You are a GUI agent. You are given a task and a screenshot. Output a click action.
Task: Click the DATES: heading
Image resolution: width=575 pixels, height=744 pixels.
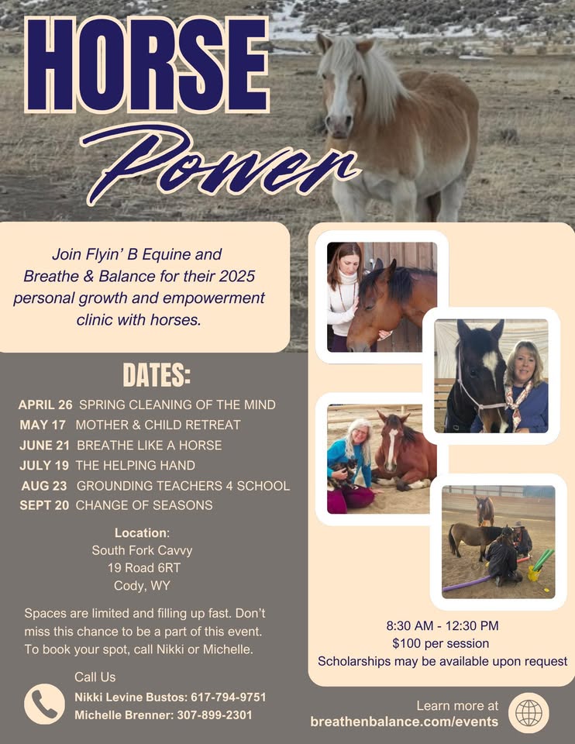156,376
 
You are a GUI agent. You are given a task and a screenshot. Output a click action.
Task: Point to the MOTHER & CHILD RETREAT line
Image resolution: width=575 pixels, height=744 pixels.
157,425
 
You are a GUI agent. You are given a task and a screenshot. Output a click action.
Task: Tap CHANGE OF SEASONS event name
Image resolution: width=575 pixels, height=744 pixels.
143,505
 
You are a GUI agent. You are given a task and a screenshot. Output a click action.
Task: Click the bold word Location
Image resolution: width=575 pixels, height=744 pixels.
140,533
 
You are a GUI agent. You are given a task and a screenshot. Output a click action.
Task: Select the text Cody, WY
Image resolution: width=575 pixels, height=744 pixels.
142,585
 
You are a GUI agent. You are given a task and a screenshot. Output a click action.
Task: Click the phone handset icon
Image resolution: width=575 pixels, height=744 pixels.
44,704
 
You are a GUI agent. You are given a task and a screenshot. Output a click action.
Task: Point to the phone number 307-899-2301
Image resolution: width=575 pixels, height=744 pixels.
215,715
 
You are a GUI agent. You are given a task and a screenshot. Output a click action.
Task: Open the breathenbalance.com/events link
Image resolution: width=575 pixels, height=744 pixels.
404,722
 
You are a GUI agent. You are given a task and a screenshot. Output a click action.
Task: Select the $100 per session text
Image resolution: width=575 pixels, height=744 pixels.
442,643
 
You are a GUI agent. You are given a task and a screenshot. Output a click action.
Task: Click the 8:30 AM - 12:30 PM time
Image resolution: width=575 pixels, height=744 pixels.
442,625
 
